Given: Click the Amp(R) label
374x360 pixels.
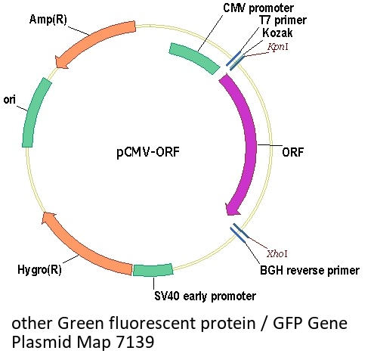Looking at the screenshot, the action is tap(48, 20).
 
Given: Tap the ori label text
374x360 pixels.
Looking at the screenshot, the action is tap(10, 100).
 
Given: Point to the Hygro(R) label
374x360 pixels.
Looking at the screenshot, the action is tap(39, 269).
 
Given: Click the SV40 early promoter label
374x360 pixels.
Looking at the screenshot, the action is tap(205, 296).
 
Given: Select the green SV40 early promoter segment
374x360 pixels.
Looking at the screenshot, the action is tap(153, 270).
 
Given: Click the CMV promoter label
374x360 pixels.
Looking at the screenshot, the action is tap(258, 8).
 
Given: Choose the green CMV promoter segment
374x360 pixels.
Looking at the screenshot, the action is tap(194, 57).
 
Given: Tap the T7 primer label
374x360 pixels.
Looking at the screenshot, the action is tap(283, 20).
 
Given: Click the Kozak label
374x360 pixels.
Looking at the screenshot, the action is tap(277, 33).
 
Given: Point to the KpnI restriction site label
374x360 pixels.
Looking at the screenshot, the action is tap(278, 47).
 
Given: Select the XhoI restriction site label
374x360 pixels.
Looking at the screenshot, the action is tap(277, 253).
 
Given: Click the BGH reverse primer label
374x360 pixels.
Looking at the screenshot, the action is tap(310, 270).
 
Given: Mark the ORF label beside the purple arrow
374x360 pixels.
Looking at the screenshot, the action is tap(293, 152).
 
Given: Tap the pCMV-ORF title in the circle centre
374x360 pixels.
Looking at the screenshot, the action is tap(148, 152).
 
